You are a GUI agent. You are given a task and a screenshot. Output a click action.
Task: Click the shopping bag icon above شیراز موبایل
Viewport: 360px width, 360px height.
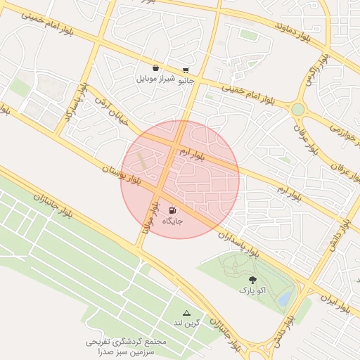click(155, 68)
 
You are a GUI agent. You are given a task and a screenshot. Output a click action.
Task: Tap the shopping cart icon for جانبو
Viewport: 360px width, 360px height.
click(186, 70)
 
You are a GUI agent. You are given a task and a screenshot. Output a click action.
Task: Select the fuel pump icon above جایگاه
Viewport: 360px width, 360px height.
click(173, 210)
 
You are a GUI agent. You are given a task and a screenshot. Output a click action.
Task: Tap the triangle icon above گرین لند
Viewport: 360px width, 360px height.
click(186, 313)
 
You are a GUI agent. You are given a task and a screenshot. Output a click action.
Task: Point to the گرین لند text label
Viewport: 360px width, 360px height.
click(187, 323)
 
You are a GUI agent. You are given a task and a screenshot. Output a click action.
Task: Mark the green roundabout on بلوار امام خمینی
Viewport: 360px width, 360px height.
click(298, 110)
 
